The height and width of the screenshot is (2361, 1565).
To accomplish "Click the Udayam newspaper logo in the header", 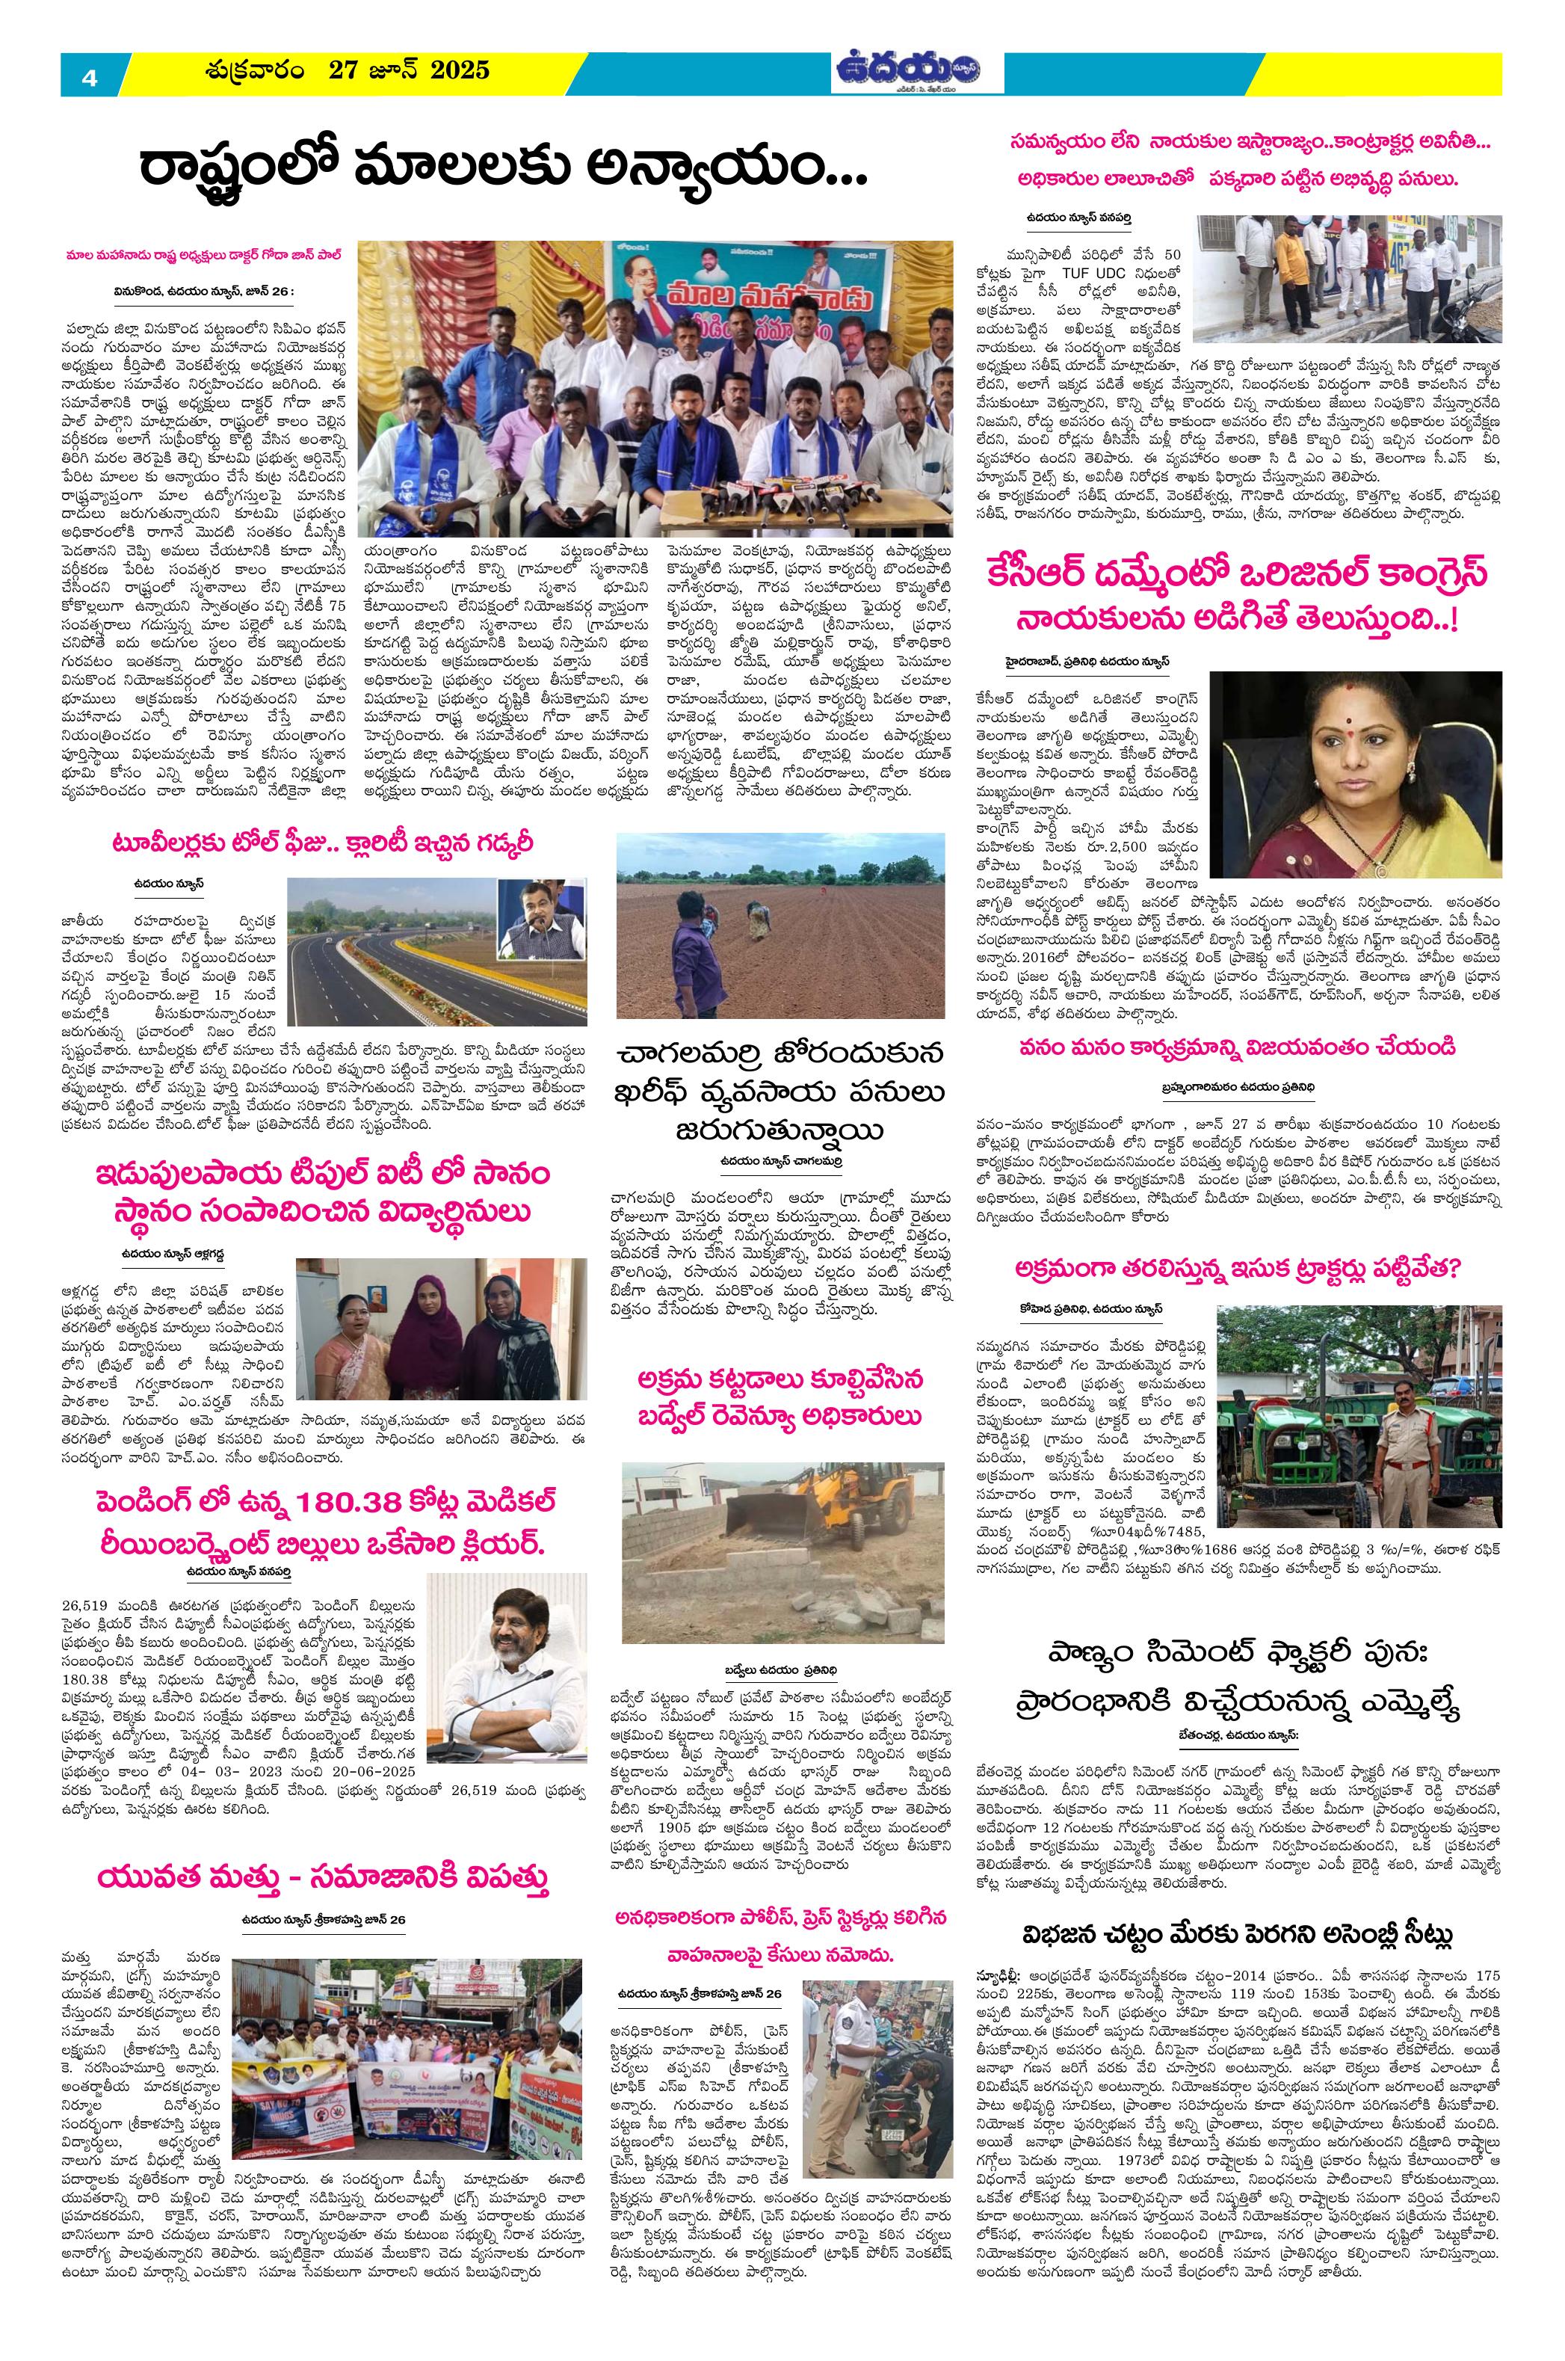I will click(x=907, y=72).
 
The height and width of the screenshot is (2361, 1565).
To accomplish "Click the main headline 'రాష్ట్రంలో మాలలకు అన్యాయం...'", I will click(x=504, y=172).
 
